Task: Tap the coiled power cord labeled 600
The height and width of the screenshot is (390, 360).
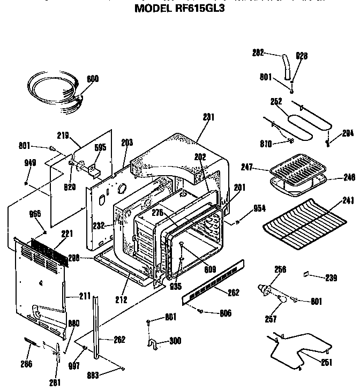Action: click(x=54, y=91)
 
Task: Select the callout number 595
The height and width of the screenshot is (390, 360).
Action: click(x=100, y=148)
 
